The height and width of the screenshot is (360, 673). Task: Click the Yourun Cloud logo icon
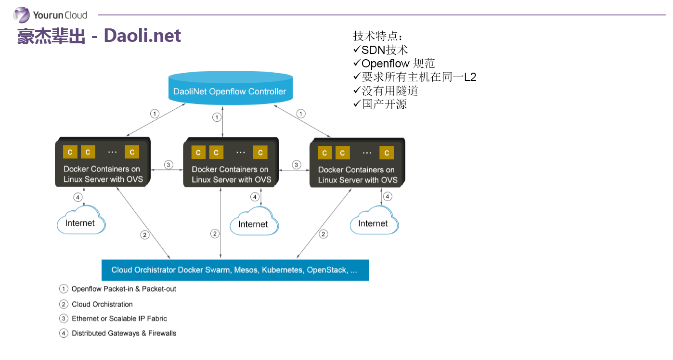coord(21,14)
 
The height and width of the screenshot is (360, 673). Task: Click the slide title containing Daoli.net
coord(99,36)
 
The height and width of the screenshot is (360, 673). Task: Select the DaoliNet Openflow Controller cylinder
coord(230,88)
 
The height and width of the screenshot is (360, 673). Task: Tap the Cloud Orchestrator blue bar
coord(234,270)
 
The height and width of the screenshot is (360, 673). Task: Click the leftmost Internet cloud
coord(80,222)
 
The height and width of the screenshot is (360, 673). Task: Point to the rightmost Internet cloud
coord(373,222)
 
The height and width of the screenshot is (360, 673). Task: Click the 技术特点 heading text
coord(377,36)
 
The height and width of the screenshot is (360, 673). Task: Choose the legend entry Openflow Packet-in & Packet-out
coord(124,289)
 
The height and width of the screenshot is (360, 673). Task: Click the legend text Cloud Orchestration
coord(102,304)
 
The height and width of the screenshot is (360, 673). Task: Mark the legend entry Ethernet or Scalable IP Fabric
coord(119,319)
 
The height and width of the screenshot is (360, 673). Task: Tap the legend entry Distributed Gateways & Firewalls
coord(124,333)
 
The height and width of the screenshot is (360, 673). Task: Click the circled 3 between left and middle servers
coord(168,165)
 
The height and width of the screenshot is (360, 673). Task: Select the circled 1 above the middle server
coord(217,117)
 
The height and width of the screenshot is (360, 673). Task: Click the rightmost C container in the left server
coord(132,152)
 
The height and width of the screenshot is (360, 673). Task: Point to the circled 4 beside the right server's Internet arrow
coord(388,196)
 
